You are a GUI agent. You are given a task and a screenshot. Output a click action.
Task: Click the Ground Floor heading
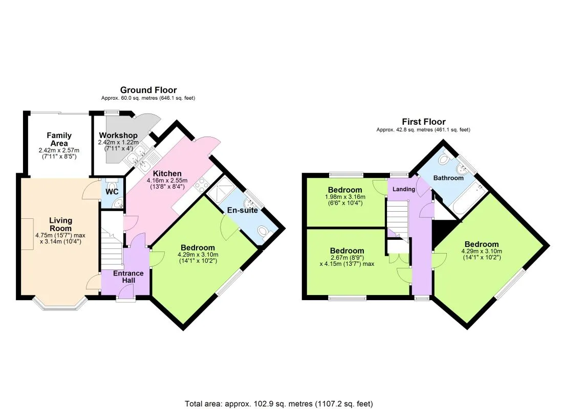click(x=148, y=90)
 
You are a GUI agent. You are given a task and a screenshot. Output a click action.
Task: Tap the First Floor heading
click(x=423, y=122)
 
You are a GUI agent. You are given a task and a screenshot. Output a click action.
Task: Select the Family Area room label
click(x=59, y=140)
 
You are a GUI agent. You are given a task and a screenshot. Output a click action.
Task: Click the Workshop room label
click(x=118, y=135)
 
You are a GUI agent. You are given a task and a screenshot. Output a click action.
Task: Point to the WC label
click(x=112, y=191)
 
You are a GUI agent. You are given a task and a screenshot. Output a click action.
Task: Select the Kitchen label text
click(x=167, y=174)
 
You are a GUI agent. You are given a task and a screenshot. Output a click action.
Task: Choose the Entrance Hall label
click(x=128, y=277)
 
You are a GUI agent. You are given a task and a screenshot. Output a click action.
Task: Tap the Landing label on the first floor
click(x=404, y=189)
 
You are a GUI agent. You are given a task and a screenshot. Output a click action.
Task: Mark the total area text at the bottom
click(x=278, y=404)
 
